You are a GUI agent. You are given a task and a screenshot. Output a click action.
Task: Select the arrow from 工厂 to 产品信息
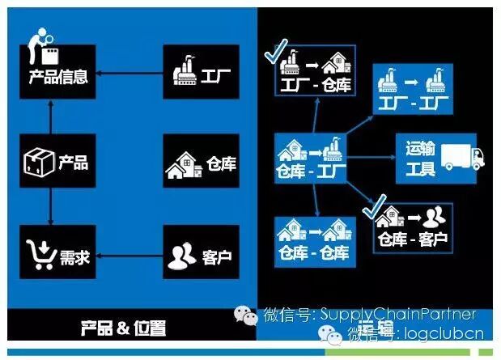point(130,78)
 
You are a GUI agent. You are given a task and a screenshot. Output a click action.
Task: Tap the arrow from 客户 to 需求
point(130,258)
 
